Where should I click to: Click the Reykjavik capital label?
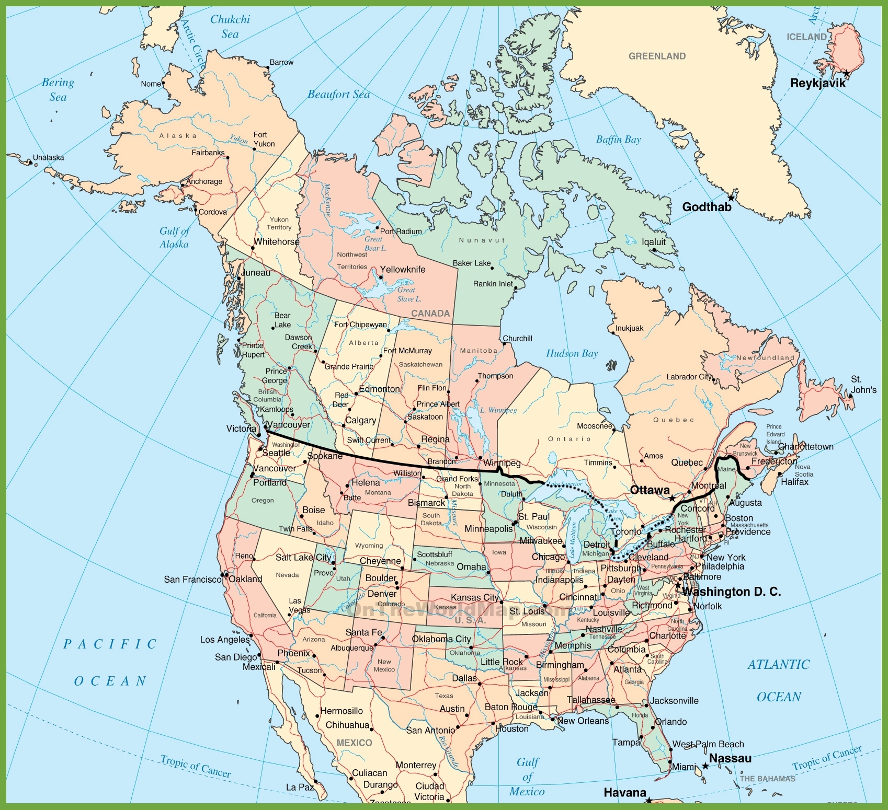click(817, 83)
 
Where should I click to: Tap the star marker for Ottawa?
click(672, 499)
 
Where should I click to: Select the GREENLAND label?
click(657, 56)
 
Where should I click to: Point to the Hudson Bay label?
click(572, 353)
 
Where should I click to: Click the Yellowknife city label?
click(403, 269)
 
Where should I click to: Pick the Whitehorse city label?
click(277, 241)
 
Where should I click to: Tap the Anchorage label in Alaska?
click(204, 181)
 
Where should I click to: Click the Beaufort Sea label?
click(338, 95)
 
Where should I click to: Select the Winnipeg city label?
click(502, 463)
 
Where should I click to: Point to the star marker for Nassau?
click(705, 766)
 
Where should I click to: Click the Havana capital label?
click(625, 792)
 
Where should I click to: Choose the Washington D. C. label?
click(731, 592)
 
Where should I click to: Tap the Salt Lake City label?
click(303, 557)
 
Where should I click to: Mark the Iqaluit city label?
click(654, 241)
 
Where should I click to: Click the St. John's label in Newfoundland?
click(863, 384)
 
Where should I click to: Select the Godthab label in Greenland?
click(707, 207)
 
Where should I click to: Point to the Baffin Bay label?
click(618, 140)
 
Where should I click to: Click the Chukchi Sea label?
click(230, 27)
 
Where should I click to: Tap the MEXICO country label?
click(354, 743)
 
